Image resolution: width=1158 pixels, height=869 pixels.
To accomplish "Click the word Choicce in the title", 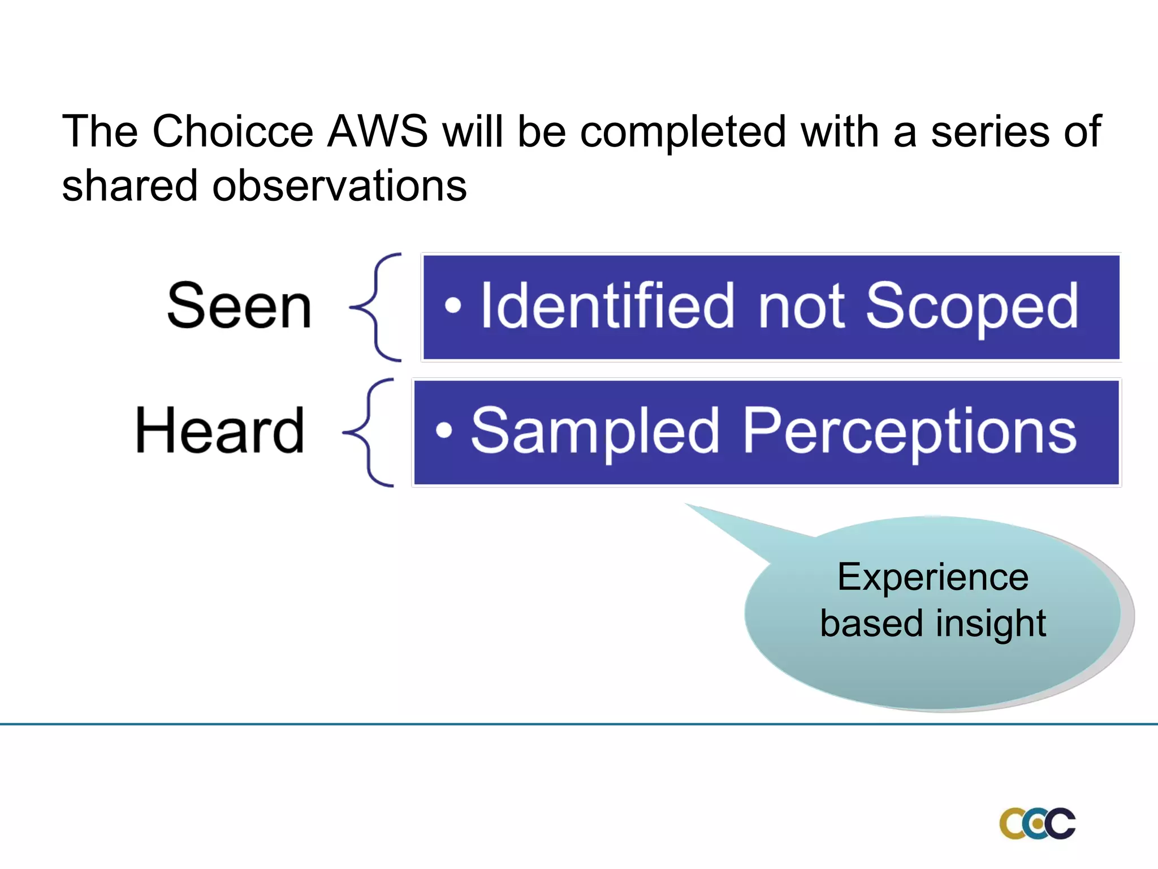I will [x=232, y=131].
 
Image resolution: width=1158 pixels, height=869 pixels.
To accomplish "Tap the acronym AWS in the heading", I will [x=378, y=131].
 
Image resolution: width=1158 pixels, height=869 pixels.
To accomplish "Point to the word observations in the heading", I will [x=339, y=186].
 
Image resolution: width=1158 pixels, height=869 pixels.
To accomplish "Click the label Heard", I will [x=220, y=431].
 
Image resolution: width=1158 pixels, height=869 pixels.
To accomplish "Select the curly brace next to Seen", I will [x=375, y=307].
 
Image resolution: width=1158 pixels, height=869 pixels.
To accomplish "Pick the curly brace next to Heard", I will [x=368, y=433].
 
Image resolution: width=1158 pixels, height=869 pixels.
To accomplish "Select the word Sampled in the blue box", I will [x=595, y=433].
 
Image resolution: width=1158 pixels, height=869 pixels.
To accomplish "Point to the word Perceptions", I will [x=909, y=433].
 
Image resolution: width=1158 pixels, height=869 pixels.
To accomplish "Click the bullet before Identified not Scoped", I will [x=453, y=306].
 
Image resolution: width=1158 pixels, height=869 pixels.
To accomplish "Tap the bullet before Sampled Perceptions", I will [x=444, y=431].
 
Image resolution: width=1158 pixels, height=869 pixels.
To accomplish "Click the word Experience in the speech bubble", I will [x=933, y=578].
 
